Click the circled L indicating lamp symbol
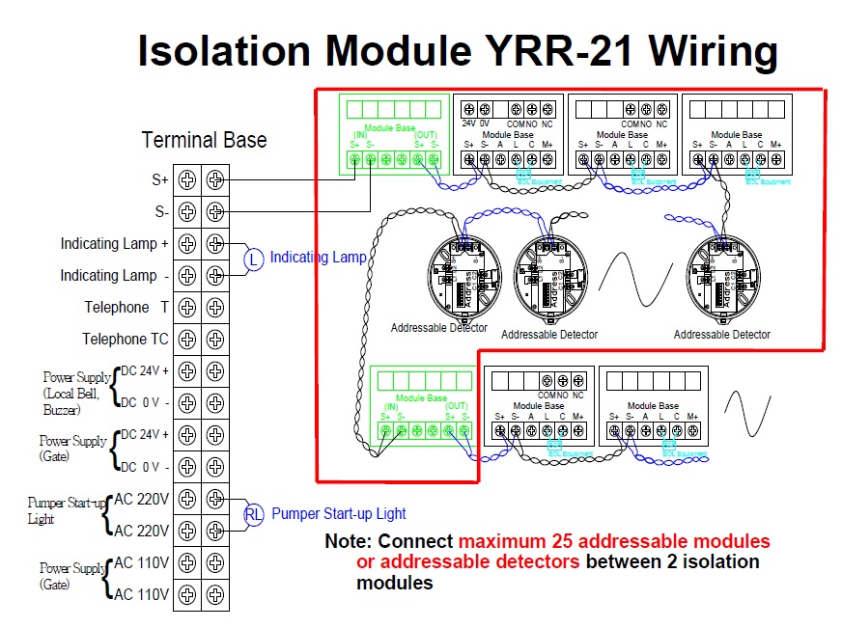(x=253, y=259)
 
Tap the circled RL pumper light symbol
(x=253, y=514)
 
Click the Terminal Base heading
(x=204, y=140)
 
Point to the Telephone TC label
(x=125, y=339)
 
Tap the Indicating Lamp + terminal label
(x=114, y=243)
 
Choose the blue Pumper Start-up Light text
(x=338, y=514)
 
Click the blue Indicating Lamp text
(x=318, y=258)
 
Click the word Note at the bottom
(x=346, y=541)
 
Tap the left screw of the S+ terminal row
(x=187, y=179)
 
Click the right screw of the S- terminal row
(x=216, y=211)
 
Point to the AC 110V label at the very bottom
(x=142, y=594)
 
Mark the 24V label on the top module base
(x=468, y=123)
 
